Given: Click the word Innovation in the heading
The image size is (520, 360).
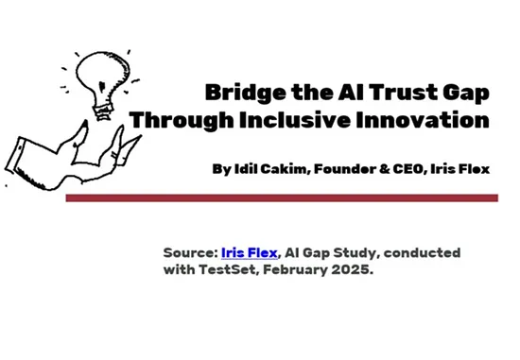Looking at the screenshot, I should pyautogui.click(x=427, y=121).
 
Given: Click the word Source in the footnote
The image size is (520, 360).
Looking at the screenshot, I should pyautogui.click(x=189, y=253).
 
